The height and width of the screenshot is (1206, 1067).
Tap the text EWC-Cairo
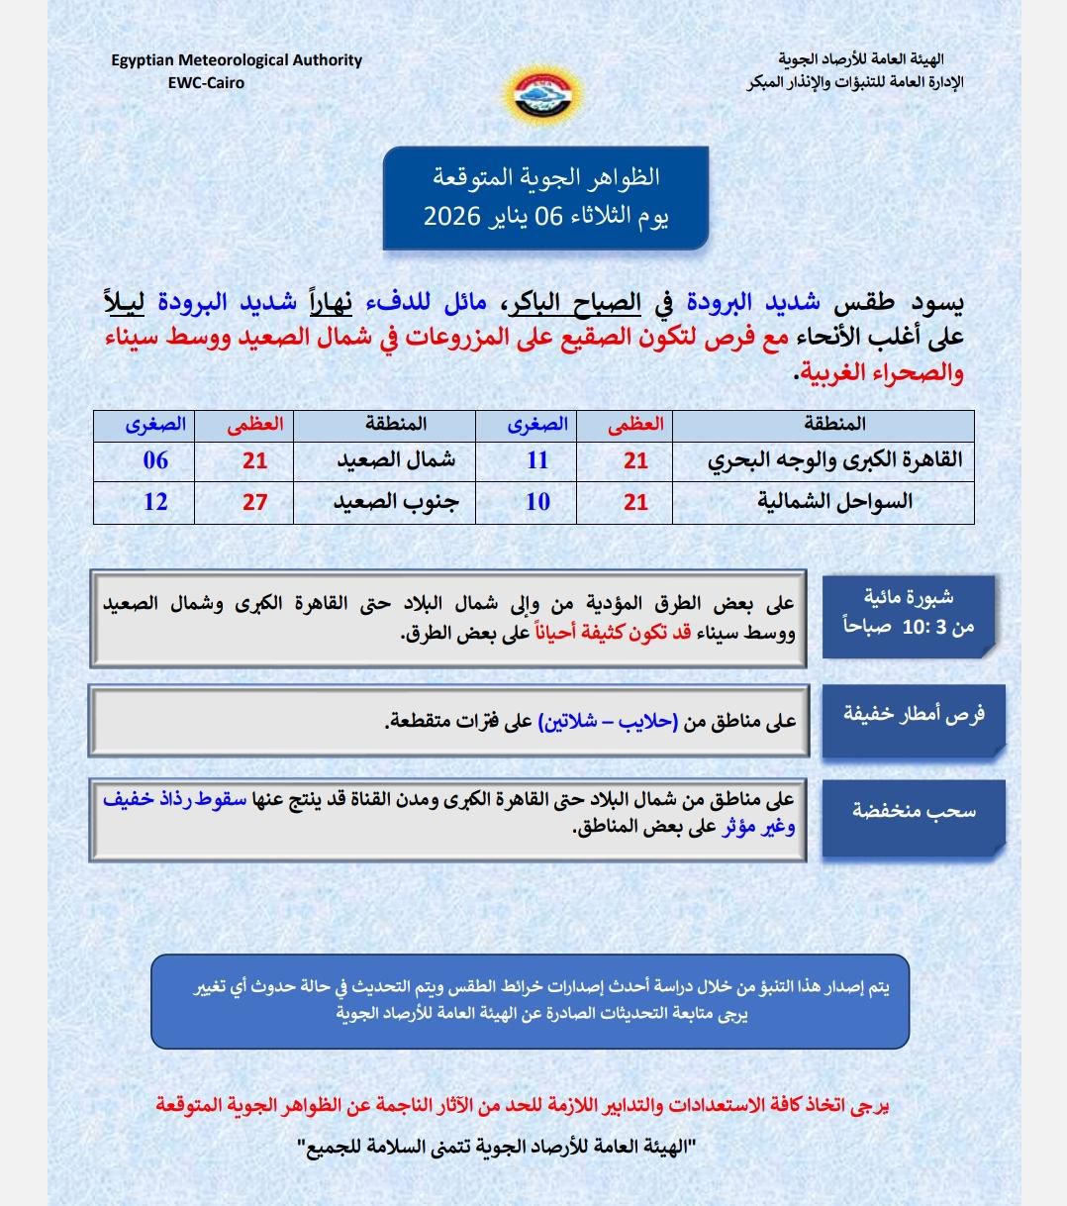point(206,83)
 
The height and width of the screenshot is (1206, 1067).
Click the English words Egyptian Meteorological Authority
point(237,60)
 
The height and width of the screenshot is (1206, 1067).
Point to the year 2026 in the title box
point(452,215)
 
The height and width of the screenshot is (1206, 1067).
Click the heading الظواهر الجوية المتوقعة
point(546,178)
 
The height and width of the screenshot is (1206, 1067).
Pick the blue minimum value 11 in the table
point(537,460)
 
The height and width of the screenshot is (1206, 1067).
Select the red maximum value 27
point(255,502)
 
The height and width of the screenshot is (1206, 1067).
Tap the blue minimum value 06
point(155,460)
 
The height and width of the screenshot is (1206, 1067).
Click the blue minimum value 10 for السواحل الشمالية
point(537,502)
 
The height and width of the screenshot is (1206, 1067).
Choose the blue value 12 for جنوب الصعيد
point(155,502)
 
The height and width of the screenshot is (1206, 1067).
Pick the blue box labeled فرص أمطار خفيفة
point(913,715)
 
